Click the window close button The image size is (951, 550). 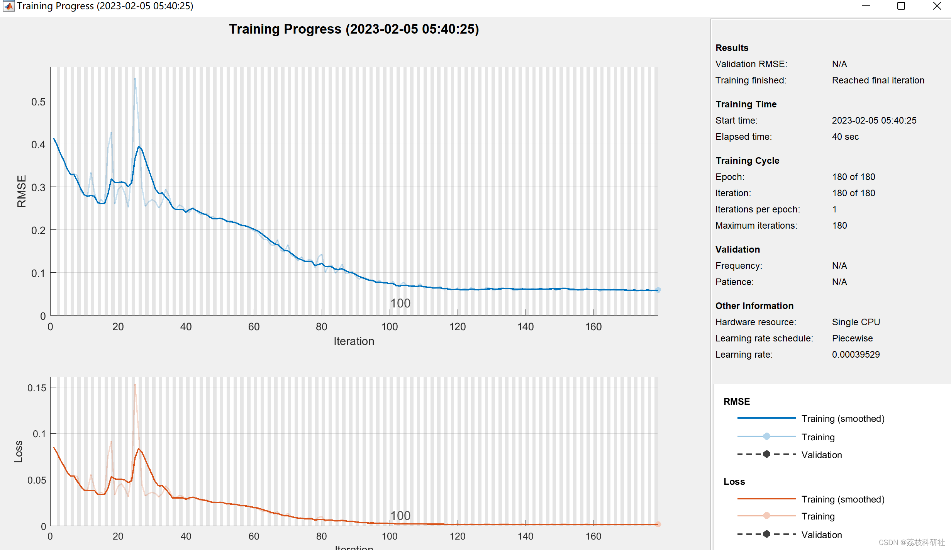[x=937, y=6]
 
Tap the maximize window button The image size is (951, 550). [x=901, y=6]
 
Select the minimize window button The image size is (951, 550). [x=866, y=6]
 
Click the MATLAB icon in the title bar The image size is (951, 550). [x=8, y=6]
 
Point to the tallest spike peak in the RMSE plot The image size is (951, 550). [x=135, y=79]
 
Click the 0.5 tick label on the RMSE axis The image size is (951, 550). [x=38, y=102]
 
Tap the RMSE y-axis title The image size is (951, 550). [x=22, y=191]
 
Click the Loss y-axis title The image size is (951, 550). [x=19, y=451]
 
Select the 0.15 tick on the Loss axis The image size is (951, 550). [x=37, y=388]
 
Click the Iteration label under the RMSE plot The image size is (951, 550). [x=354, y=341]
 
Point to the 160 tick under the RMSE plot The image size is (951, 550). [x=593, y=327]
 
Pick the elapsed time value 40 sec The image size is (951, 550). [x=845, y=137]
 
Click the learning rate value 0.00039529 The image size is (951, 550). [x=856, y=355]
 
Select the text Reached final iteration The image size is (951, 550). [x=878, y=80]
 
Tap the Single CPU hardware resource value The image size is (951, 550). [x=856, y=322]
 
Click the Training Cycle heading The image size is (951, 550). [x=747, y=161]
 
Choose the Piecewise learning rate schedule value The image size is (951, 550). [x=852, y=338]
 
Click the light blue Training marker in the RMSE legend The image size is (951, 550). [x=766, y=436]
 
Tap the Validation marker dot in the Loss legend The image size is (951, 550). [x=766, y=534]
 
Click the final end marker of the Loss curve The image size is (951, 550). [x=658, y=524]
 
